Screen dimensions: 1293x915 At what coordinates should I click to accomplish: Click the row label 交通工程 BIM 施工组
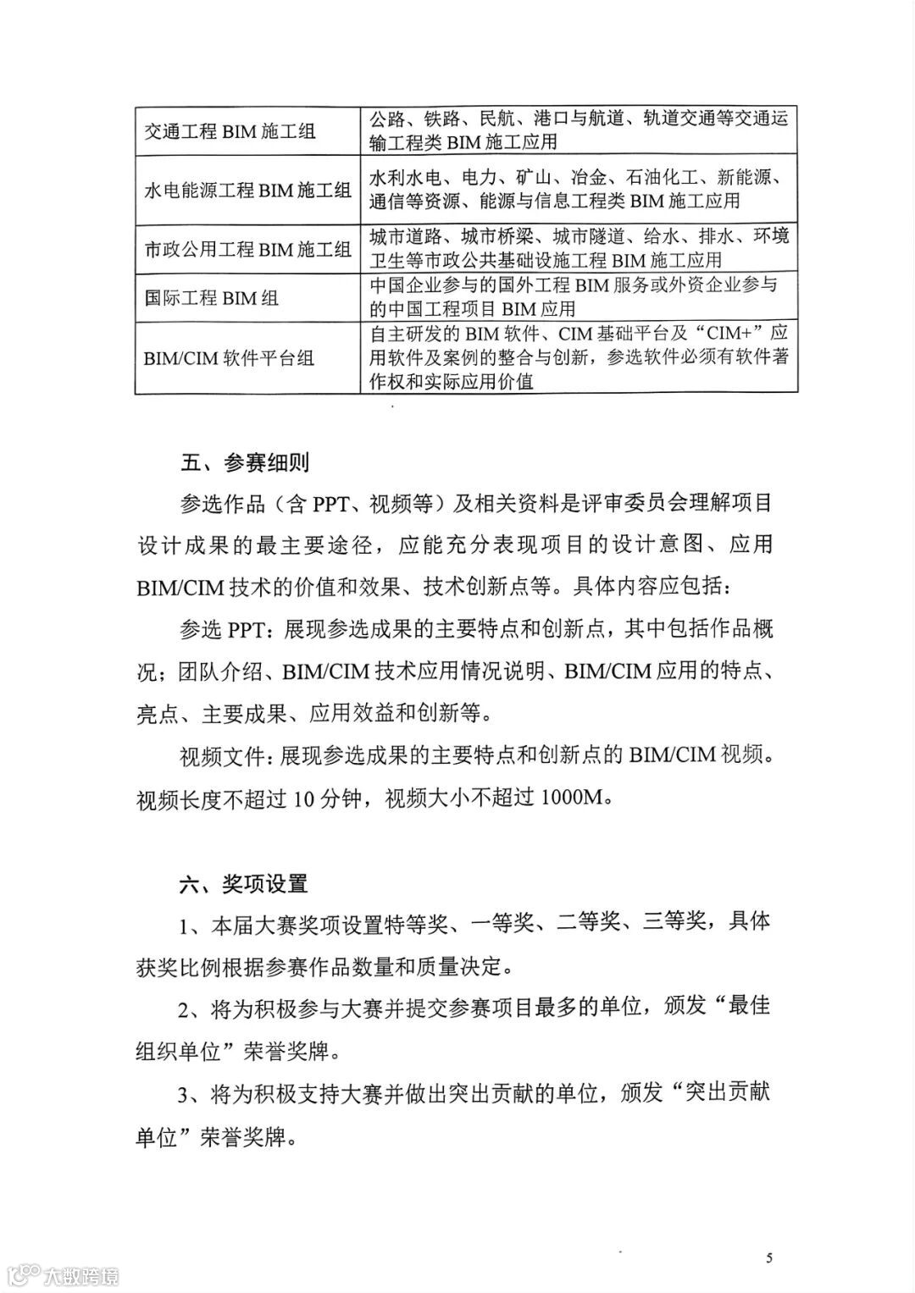point(230,131)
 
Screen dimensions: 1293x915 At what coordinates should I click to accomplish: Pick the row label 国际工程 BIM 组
point(212,298)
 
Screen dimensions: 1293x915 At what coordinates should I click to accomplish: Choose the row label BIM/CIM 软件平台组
point(229,357)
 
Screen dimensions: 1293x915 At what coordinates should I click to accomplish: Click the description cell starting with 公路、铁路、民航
point(579,130)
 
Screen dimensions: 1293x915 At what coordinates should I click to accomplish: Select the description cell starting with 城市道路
point(579,247)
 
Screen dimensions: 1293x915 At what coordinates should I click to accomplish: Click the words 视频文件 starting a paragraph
point(221,755)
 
